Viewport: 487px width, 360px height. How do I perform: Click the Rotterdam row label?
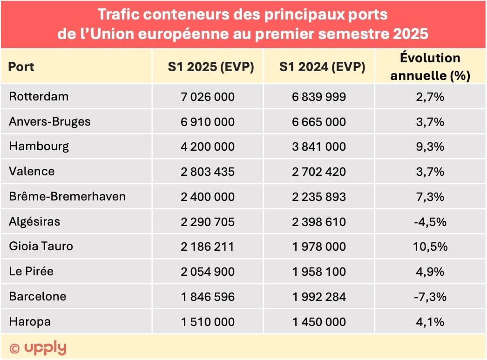coord(39,97)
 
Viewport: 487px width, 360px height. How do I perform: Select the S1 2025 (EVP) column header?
coord(210,67)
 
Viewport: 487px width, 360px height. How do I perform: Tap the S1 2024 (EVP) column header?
coord(322,67)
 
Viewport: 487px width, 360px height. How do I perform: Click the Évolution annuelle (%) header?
coord(430,67)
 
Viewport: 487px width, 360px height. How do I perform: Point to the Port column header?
coord(21,67)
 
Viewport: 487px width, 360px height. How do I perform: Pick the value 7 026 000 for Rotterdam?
coord(208,97)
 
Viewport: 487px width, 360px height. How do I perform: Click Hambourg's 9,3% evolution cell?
coord(430,147)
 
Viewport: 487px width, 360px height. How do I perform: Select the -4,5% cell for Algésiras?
coord(430,222)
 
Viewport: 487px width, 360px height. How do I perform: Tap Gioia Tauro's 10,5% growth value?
coord(430,247)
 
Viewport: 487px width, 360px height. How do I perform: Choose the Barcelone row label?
coord(38,297)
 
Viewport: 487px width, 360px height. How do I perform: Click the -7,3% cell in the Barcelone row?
coord(430,297)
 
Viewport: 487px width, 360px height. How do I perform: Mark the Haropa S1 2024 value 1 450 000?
coord(319,322)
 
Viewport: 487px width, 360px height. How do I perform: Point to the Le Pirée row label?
coord(31,272)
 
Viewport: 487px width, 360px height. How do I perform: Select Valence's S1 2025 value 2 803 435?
coord(208,172)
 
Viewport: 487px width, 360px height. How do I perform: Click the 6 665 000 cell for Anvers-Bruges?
coord(319,122)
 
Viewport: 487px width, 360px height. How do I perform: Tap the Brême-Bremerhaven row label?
coord(67,197)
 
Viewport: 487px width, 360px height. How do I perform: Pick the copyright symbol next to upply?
coord(15,348)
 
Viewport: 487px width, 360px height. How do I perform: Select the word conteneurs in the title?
coord(177,14)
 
